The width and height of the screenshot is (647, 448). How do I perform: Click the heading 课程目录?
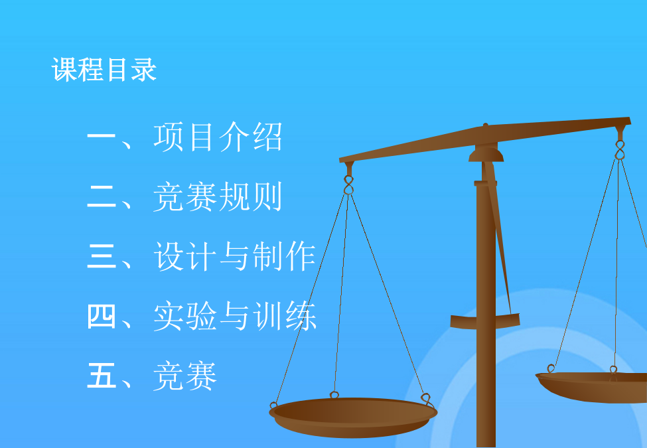click(104, 69)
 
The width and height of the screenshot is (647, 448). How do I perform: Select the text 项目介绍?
click(218, 137)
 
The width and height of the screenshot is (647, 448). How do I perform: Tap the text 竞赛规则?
click(218, 196)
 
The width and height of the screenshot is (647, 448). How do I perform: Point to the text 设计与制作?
click(234, 256)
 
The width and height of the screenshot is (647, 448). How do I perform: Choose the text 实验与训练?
click(234, 316)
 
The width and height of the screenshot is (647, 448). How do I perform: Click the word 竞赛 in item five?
click(185, 376)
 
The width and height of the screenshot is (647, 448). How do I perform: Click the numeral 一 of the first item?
click(102, 137)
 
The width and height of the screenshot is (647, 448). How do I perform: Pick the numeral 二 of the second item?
click(102, 196)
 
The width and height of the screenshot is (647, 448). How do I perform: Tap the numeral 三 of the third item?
click(102, 256)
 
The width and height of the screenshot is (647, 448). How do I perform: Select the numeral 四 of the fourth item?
click(102, 316)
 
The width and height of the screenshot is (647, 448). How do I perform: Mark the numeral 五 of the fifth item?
click(102, 376)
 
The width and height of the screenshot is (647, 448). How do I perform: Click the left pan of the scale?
click(353, 417)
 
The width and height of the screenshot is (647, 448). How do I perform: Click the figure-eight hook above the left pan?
click(348, 185)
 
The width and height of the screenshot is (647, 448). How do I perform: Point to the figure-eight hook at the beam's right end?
click(619, 150)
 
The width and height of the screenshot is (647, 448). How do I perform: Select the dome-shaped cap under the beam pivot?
click(486, 155)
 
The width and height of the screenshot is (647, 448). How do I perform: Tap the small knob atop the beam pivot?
click(485, 124)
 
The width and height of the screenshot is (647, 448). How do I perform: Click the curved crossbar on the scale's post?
click(485, 322)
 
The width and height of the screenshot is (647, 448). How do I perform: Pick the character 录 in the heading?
click(143, 69)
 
